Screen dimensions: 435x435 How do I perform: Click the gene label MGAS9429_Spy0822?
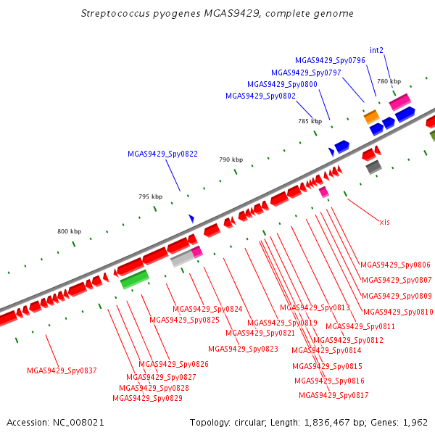162,154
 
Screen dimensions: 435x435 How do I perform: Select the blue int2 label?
376,50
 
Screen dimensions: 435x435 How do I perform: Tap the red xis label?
384,222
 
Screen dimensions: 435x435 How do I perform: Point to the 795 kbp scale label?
150,196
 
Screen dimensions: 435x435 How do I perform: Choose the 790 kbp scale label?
231,159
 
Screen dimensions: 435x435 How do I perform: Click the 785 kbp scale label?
310,121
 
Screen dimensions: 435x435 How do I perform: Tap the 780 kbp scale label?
389,81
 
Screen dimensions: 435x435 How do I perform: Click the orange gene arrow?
371,116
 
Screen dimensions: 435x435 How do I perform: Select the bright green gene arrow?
135,279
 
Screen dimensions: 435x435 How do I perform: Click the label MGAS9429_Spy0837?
62,370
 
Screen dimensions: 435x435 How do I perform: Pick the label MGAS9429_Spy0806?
395,265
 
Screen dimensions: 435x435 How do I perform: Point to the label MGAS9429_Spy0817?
333,395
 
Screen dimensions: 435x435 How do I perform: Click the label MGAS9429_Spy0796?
330,60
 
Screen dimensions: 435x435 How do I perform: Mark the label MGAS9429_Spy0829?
147,398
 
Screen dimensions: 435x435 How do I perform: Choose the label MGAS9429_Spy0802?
260,96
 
